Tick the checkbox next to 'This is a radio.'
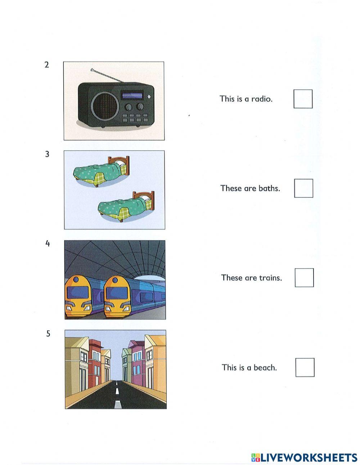[x=303, y=99]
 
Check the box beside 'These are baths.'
[x=303, y=188]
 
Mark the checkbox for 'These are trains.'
[x=304, y=277]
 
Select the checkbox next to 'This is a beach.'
[x=305, y=367]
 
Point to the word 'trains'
[x=271, y=278]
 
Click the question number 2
[x=46, y=65]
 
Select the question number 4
[x=48, y=243]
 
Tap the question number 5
[x=48, y=334]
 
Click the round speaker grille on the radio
[x=105, y=106]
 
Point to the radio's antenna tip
[x=92, y=68]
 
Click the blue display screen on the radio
[x=132, y=95]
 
